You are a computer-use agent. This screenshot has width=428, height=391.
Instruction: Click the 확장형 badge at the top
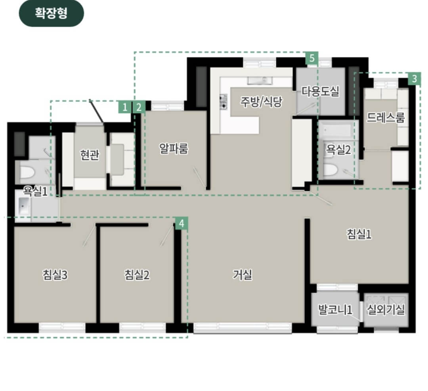(x=51, y=13)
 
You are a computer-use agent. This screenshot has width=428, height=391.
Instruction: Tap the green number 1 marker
(x=125, y=107)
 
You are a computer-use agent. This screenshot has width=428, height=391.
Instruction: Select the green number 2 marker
(x=139, y=107)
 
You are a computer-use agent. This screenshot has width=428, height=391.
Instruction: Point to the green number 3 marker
(x=415, y=79)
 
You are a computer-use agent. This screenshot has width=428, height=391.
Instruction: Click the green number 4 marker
(x=182, y=224)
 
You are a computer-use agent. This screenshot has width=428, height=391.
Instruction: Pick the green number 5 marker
(x=312, y=58)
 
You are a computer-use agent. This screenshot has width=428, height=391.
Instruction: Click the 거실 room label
(x=243, y=274)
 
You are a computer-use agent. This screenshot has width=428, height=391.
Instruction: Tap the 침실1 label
(x=359, y=234)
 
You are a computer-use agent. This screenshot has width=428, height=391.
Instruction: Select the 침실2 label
(x=137, y=275)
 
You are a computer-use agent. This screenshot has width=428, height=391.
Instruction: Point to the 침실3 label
(x=55, y=275)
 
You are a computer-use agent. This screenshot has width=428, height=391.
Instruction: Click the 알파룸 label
(x=174, y=149)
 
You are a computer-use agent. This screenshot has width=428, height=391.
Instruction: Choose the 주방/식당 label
(x=261, y=102)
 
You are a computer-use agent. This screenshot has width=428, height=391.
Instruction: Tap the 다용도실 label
(x=320, y=91)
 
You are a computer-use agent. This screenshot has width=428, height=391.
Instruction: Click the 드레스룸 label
(x=386, y=117)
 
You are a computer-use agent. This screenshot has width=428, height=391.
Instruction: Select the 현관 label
(x=90, y=155)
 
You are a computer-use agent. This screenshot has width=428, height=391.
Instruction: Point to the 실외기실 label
(x=386, y=310)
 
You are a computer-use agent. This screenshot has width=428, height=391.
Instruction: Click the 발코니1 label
(x=335, y=310)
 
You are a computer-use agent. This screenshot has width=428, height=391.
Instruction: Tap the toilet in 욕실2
(x=331, y=170)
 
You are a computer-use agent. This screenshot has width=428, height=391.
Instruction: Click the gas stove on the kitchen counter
(x=223, y=102)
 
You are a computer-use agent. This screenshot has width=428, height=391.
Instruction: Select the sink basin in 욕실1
(x=24, y=205)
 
